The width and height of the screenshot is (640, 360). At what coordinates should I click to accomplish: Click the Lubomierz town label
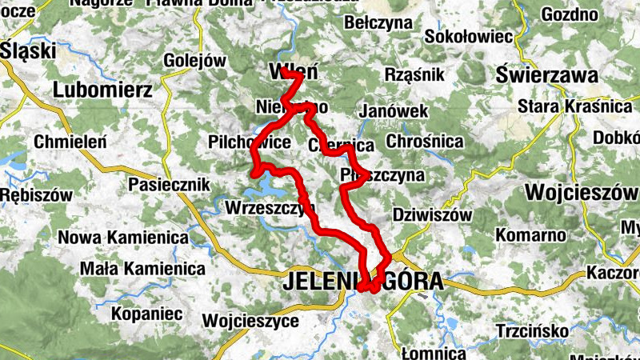point(102,90)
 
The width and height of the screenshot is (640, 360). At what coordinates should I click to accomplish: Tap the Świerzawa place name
point(547,76)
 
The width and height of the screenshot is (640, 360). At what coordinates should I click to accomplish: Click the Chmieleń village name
point(70,142)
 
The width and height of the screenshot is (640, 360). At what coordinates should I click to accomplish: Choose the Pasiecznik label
point(170,186)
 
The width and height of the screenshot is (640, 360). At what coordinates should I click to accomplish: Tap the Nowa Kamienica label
point(123,238)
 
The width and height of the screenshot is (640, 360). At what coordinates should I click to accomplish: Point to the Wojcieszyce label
point(251,321)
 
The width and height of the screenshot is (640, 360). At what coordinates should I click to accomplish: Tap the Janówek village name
point(394,112)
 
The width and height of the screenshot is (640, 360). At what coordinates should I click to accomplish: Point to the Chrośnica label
point(424,142)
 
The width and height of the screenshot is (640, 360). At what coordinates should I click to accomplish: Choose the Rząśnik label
point(414,74)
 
